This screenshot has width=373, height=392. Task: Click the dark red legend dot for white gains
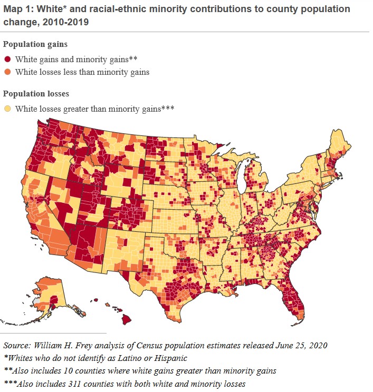click(8, 59)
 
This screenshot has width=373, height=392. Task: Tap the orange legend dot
click(8, 72)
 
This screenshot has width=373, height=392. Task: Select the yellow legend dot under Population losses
click(8, 109)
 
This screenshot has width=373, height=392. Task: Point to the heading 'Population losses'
click(35, 94)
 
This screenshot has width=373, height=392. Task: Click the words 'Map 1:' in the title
click(18, 9)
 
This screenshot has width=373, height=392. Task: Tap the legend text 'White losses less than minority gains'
click(82, 72)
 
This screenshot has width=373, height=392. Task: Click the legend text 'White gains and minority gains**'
click(76, 59)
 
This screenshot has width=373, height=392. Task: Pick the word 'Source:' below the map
click(17, 346)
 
